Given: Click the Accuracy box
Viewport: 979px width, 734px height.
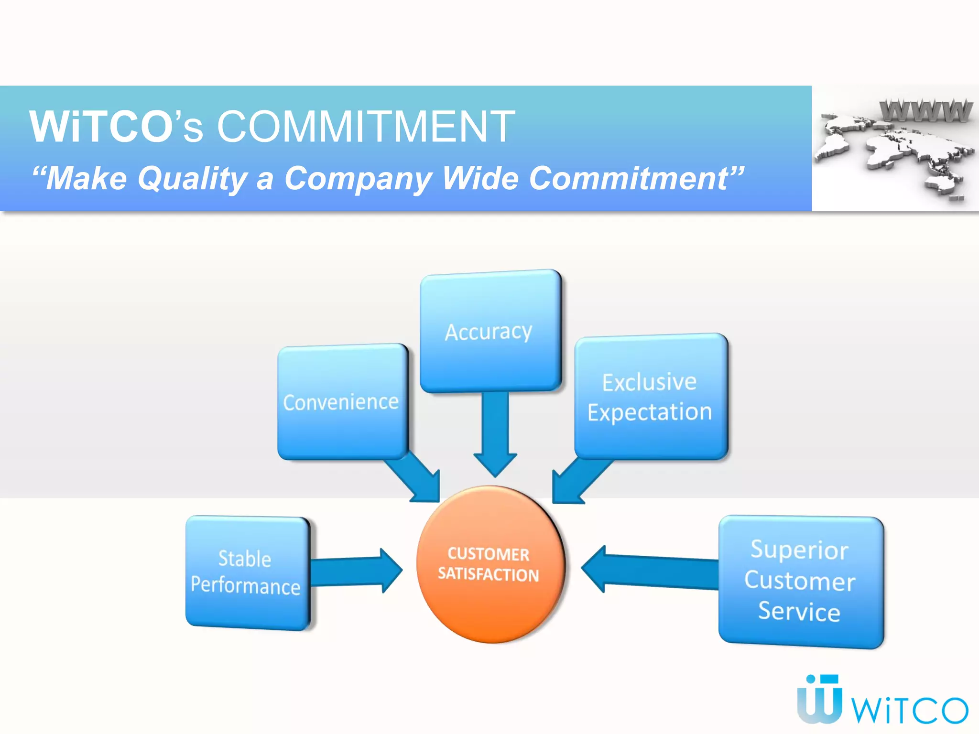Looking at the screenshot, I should [490, 331].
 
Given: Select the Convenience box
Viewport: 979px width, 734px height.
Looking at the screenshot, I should [342, 401].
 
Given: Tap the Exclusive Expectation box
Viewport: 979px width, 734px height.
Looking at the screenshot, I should [650, 397].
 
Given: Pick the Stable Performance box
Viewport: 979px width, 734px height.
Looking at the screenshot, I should [247, 572].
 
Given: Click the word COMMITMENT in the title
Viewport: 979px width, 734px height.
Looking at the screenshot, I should [366, 127].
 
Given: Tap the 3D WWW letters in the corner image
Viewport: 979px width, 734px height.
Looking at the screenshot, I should [925, 111].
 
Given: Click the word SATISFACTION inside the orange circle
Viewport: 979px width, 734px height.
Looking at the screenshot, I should [489, 574].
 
